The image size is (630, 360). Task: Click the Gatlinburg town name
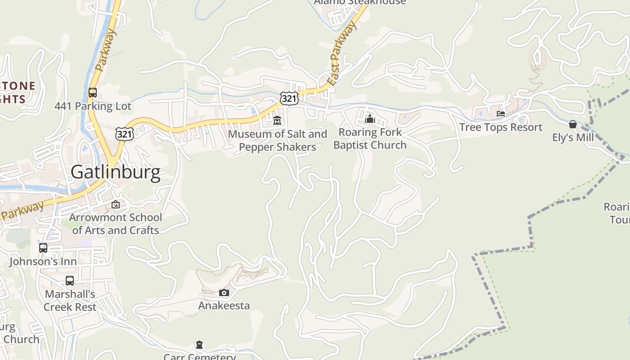tap(115, 172)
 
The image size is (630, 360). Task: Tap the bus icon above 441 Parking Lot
tap(93, 93)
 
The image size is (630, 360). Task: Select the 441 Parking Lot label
tap(93, 106)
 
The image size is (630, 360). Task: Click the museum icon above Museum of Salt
tap(277, 121)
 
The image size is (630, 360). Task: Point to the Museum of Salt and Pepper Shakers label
tap(277, 140)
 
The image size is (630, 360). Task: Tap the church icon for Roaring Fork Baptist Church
tap(370, 119)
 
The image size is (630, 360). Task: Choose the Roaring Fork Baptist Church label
tap(370, 139)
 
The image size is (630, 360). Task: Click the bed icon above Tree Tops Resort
tap(501, 114)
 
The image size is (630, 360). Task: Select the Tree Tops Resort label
tap(501, 127)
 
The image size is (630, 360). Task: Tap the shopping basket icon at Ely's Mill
tap(573, 124)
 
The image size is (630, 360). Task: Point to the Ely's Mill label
tap(573, 137)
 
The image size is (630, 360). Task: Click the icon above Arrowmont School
tap(116, 204)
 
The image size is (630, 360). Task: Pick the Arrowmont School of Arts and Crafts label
tap(116, 224)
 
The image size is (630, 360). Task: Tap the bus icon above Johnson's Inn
tap(43, 248)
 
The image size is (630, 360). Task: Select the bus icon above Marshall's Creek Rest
tap(70, 281)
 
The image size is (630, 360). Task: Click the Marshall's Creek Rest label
tap(70, 301)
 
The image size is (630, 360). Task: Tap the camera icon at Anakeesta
tap(224, 293)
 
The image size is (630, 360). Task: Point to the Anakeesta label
tap(224, 306)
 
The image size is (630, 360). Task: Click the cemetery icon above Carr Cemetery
tap(199, 345)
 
